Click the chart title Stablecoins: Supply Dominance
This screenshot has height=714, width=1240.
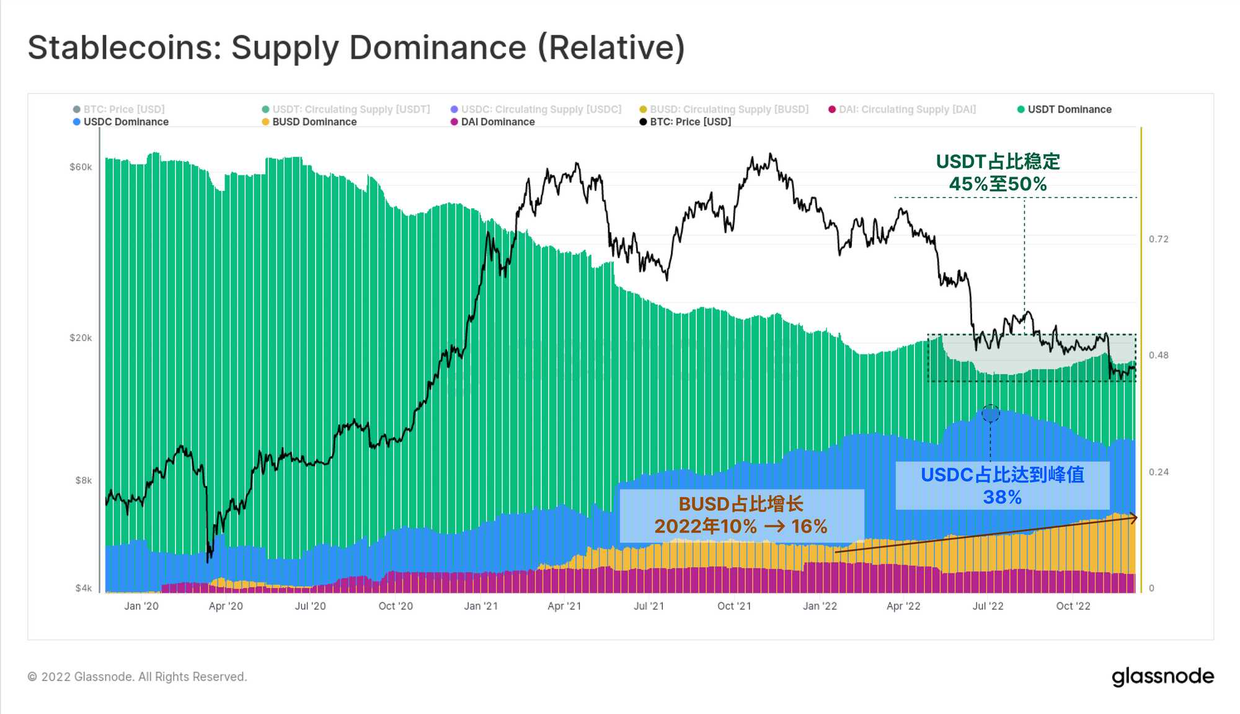(x=356, y=48)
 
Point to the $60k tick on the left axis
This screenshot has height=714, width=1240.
(x=81, y=167)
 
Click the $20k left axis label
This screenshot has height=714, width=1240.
(x=81, y=338)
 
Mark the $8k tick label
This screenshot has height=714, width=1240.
(x=83, y=480)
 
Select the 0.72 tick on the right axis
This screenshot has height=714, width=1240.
(x=1158, y=239)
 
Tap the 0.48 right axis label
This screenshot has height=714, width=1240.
(x=1158, y=355)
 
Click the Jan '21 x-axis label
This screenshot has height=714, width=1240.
(x=480, y=606)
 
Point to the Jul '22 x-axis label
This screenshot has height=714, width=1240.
(x=988, y=606)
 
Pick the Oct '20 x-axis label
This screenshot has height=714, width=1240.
(x=396, y=606)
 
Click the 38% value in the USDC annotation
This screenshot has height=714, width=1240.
(x=1002, y=497)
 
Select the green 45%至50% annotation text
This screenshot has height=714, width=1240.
(x=998, y=184)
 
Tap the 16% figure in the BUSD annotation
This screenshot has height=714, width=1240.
(x=809, y=527)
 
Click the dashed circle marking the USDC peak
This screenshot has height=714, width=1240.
(x=990, y=413)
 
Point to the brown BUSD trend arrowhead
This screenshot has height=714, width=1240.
(x=1134, y=518)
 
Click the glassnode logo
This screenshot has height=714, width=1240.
(x=1162, y=677)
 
